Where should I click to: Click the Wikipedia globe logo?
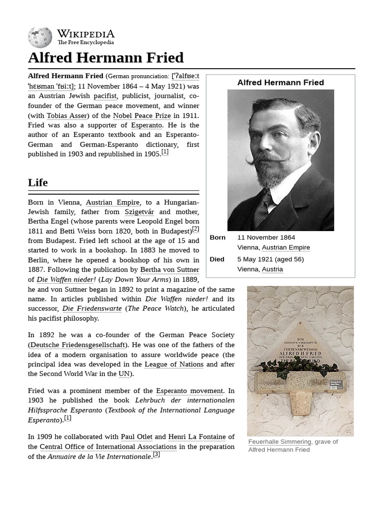(x=40, y=37)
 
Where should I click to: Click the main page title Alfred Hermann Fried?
(x=106, y=58)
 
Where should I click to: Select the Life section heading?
(x=38, y=182)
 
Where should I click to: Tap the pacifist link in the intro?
(x=105, y=96)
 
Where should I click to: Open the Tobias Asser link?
(x=67, y=115)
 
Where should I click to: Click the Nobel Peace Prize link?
(x=142, y=115)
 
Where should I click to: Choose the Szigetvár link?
(x=139, y=212)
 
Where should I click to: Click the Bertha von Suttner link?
(x=170, y=269)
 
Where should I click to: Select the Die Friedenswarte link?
(x=92, y=308)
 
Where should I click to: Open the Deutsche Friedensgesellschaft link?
(x=77, y=345)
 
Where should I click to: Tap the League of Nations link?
(x=174, y=364)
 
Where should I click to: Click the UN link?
(x=124, y=374)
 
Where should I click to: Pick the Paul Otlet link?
(x=136, y=437)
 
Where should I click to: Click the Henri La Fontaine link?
(x=196, y=437)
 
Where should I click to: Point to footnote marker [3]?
(x=156, y=454)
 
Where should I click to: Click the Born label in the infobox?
(x=217, y=238)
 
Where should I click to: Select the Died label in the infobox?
(x=217, y=259)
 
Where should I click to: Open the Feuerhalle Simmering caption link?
(x=280, y=442)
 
